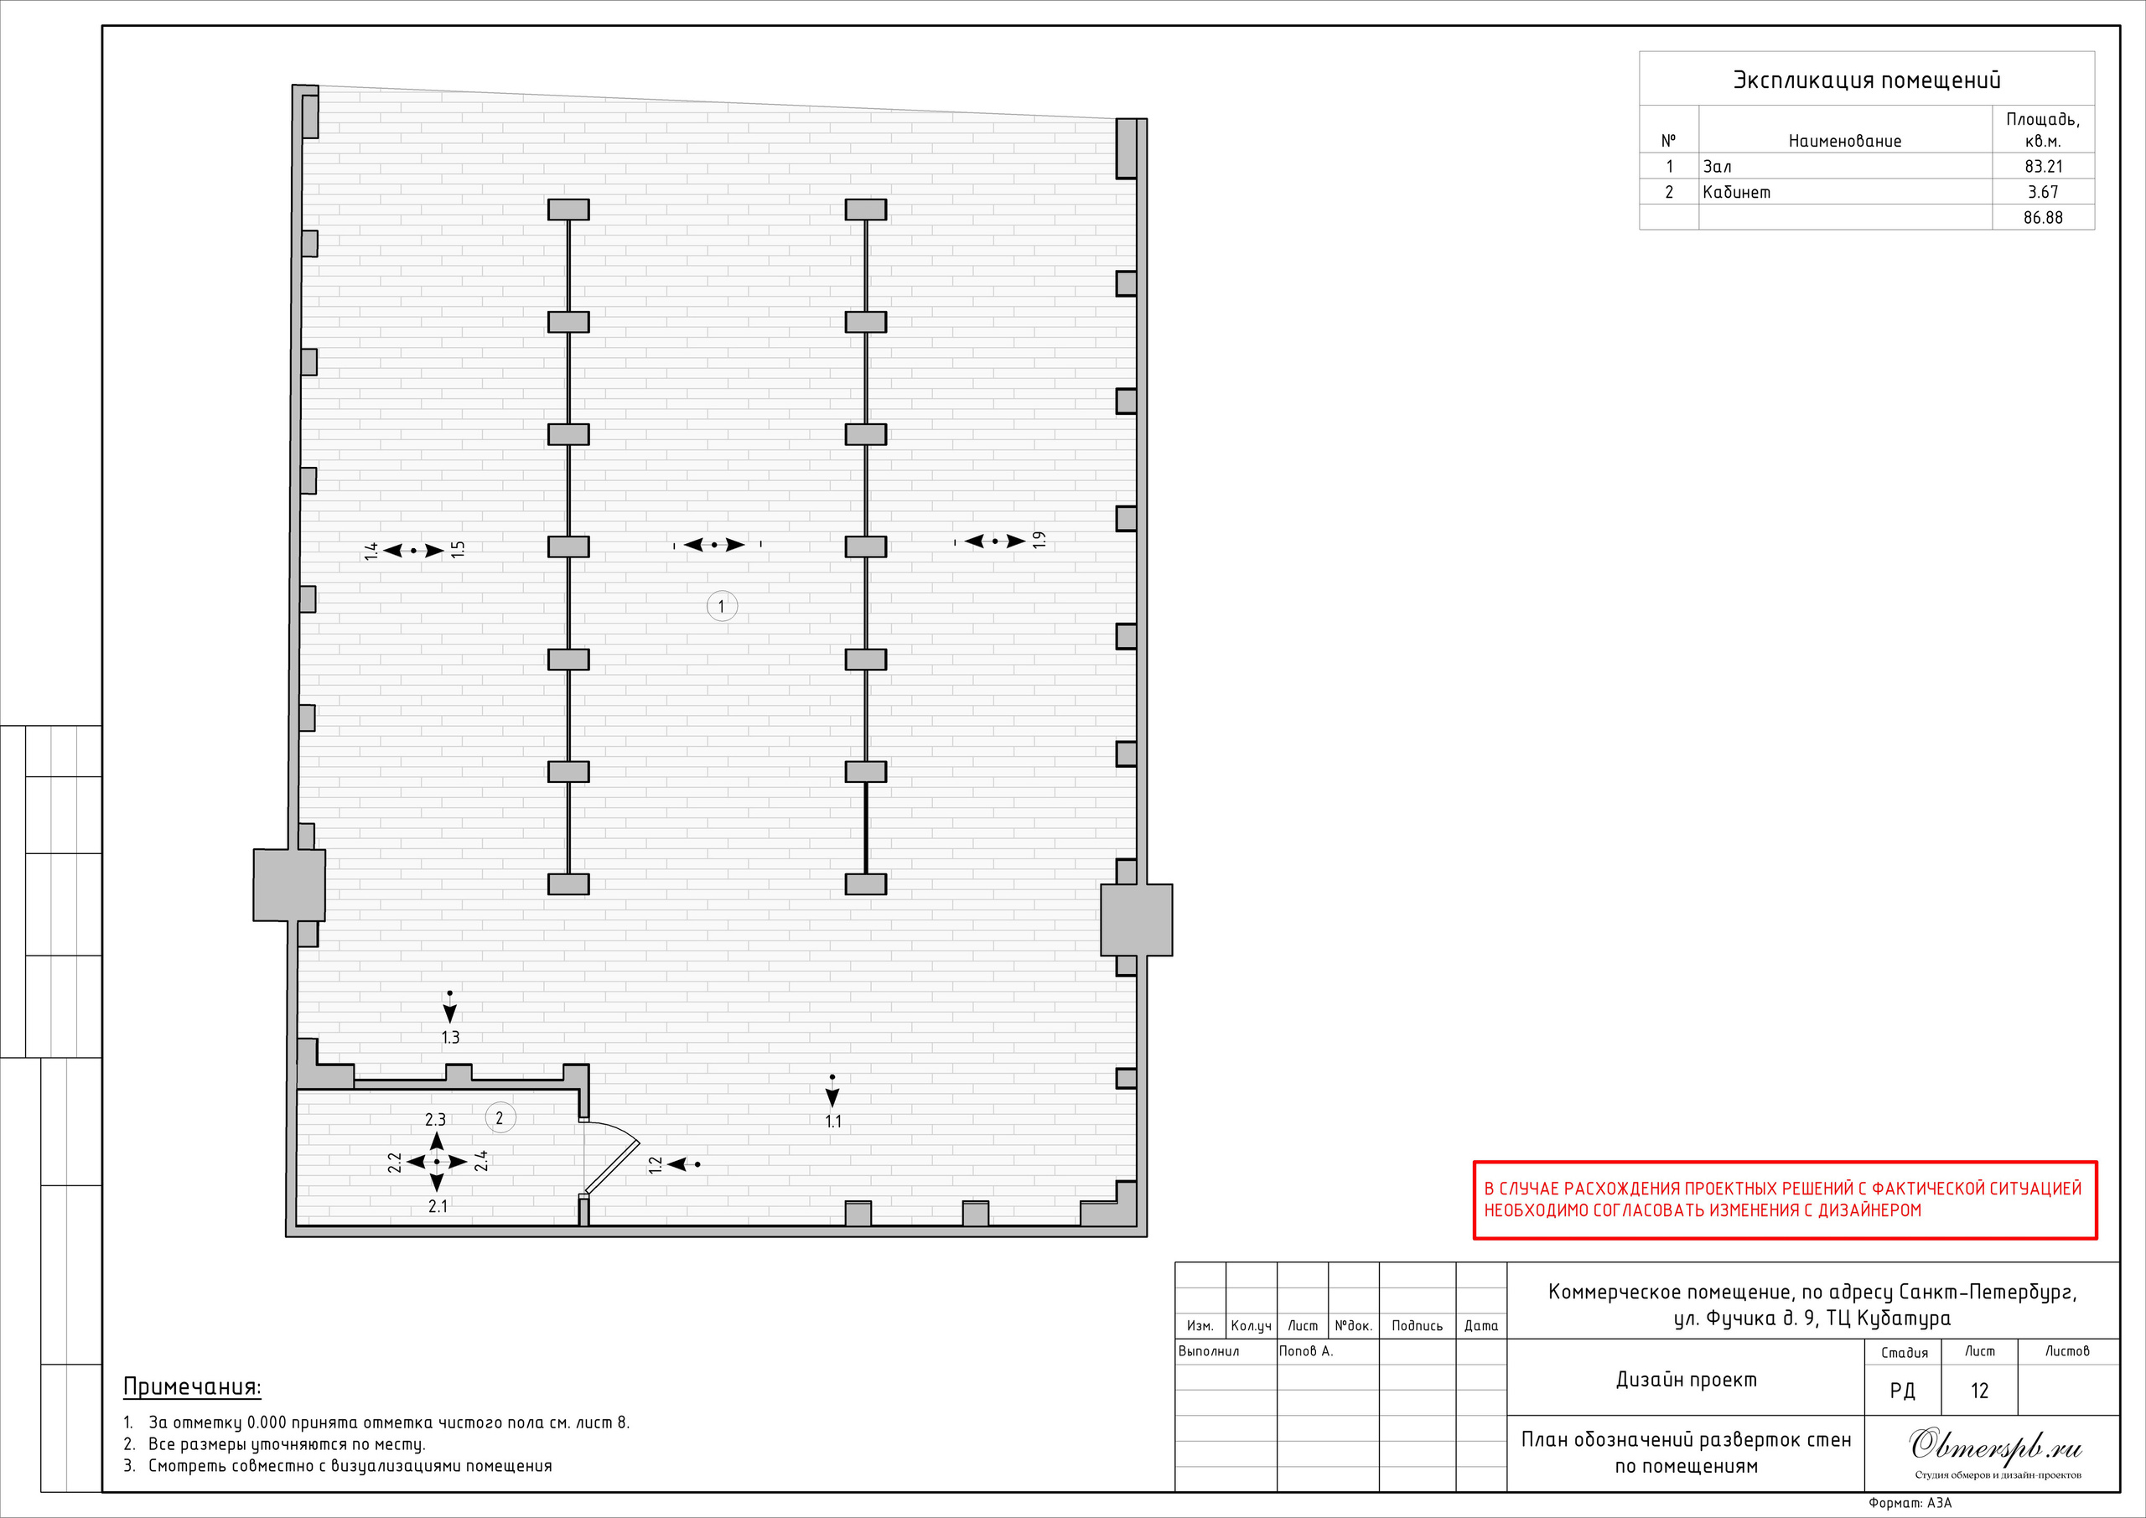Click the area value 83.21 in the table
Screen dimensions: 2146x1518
[2043, 166]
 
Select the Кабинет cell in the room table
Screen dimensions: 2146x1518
[1737, 192]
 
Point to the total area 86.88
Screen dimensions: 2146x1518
[2043, 218]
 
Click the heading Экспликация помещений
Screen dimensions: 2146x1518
[1867, 80]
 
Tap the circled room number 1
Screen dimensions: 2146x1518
[722, 606]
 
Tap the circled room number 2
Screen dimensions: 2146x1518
[500, 1118]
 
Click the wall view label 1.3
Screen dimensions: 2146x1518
[450, 1037]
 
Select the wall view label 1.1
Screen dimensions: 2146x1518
[832, 1121]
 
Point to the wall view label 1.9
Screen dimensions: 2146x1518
[1039, 541]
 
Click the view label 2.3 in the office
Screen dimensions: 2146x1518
[436, 1119]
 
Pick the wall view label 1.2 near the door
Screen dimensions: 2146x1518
[656, 1164]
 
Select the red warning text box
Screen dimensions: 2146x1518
[1786, 1200]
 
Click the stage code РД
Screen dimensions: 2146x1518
[1902, 1391]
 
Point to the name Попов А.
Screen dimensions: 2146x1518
[1306, 1350]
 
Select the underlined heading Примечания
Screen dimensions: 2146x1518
[193, 1387]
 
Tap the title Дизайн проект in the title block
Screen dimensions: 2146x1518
[1686, 1380]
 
